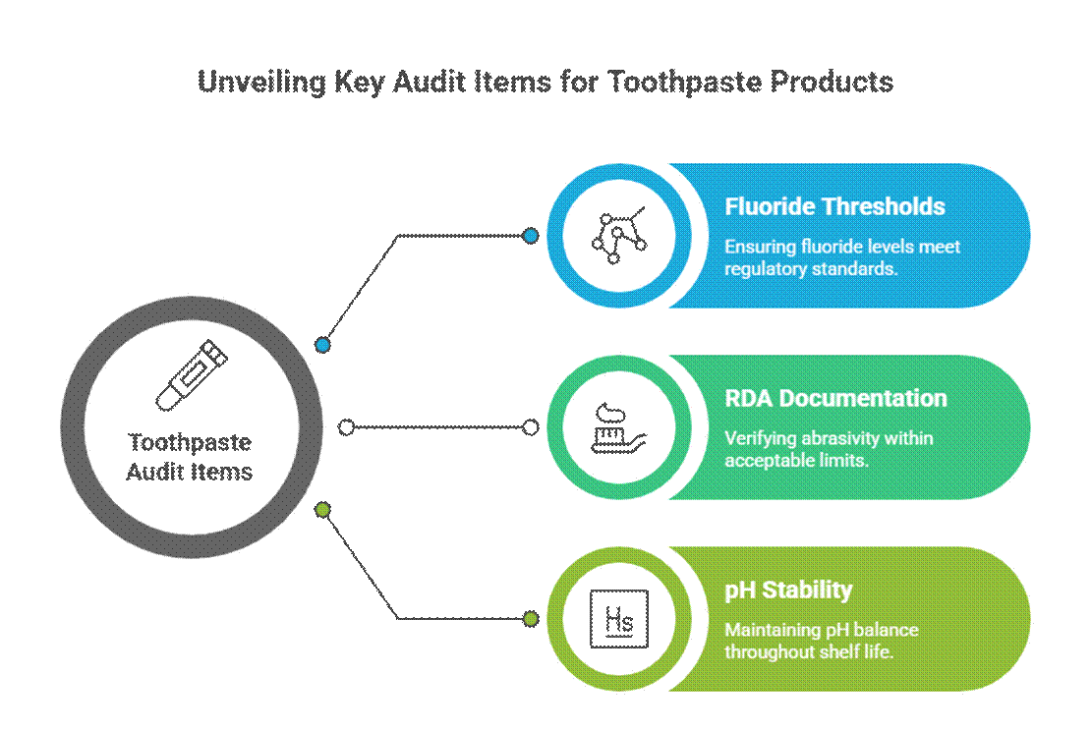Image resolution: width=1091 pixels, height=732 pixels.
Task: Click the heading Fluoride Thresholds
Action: (834, 206)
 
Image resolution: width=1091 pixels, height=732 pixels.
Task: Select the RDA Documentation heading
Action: (835, 398)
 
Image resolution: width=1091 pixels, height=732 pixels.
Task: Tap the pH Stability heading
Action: (788, 590)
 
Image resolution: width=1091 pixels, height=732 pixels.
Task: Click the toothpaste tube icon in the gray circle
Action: (187, 374)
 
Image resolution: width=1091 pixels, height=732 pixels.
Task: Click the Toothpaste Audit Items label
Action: (191, 457)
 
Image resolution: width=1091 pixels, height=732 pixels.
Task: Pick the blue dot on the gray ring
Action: (321, 345)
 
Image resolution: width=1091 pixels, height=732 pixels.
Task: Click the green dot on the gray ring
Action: (321, 509)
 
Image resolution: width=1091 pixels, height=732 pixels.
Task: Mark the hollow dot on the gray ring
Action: (346, 427)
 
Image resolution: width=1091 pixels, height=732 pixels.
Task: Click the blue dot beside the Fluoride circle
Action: (531, 236)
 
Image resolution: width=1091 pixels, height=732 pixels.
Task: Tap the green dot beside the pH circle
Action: (531, 619)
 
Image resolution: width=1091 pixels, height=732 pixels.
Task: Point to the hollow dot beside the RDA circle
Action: (531, 427)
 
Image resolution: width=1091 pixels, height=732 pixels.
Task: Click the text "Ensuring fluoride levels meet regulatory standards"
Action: (842, 256)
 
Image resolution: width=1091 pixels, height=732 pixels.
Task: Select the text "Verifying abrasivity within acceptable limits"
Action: (829, 449)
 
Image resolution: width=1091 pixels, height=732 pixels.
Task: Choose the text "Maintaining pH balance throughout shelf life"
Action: (822, 641)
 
